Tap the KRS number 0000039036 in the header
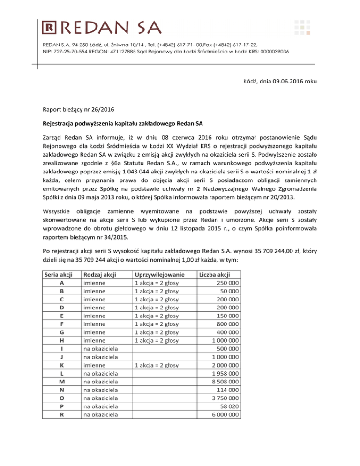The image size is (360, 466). tap(273, 51)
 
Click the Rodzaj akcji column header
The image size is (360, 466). tap(100, 274)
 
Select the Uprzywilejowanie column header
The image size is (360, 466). tap(159, 274)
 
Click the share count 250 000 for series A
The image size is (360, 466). tap(224, 283)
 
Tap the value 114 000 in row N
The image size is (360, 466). tap(225, 390)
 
